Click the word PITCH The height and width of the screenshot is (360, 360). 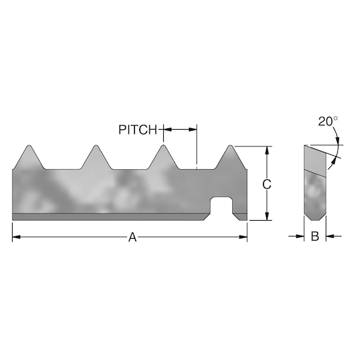click(x=137, y=130)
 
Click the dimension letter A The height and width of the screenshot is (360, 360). click(x=133, y=238)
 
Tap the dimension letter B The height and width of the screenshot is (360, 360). click(x=314, y=236)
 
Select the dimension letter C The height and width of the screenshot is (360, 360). click(x=268, y=184)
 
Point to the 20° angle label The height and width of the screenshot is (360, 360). click(x=328, y=121)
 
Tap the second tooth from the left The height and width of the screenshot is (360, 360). click(x=95, y=148)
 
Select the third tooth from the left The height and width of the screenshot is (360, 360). click(x=163, y=148)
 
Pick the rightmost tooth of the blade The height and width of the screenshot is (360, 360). click(x=230, y=148)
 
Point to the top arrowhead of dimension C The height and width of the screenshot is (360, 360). click(x=268, y=149)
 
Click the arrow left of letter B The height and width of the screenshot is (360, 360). click(x=301, y=236)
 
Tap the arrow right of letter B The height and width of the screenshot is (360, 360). click(x=329, y=236)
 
